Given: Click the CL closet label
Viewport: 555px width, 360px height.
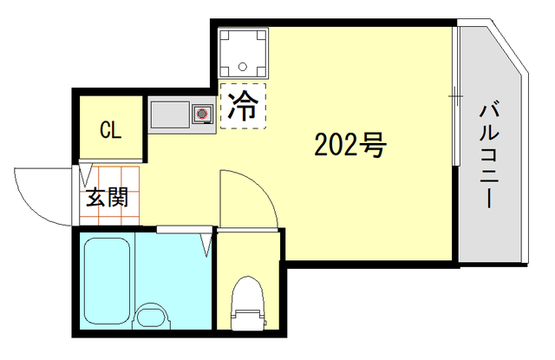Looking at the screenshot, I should tap(110, 131).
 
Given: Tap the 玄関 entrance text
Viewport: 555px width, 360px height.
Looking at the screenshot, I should tap(106, 197).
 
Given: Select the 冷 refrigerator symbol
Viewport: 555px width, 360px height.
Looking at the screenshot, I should tap(243, 106).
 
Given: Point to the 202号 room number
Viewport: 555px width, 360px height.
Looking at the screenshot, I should tap(349, 146).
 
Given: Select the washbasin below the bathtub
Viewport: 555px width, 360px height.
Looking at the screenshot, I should tap(153, 317).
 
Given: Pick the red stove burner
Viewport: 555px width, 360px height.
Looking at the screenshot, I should tap(203, 113).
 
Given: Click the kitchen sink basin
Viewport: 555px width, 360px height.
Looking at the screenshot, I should tap(171, 114).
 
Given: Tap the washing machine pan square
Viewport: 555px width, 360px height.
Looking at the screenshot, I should tap(244, 52).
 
